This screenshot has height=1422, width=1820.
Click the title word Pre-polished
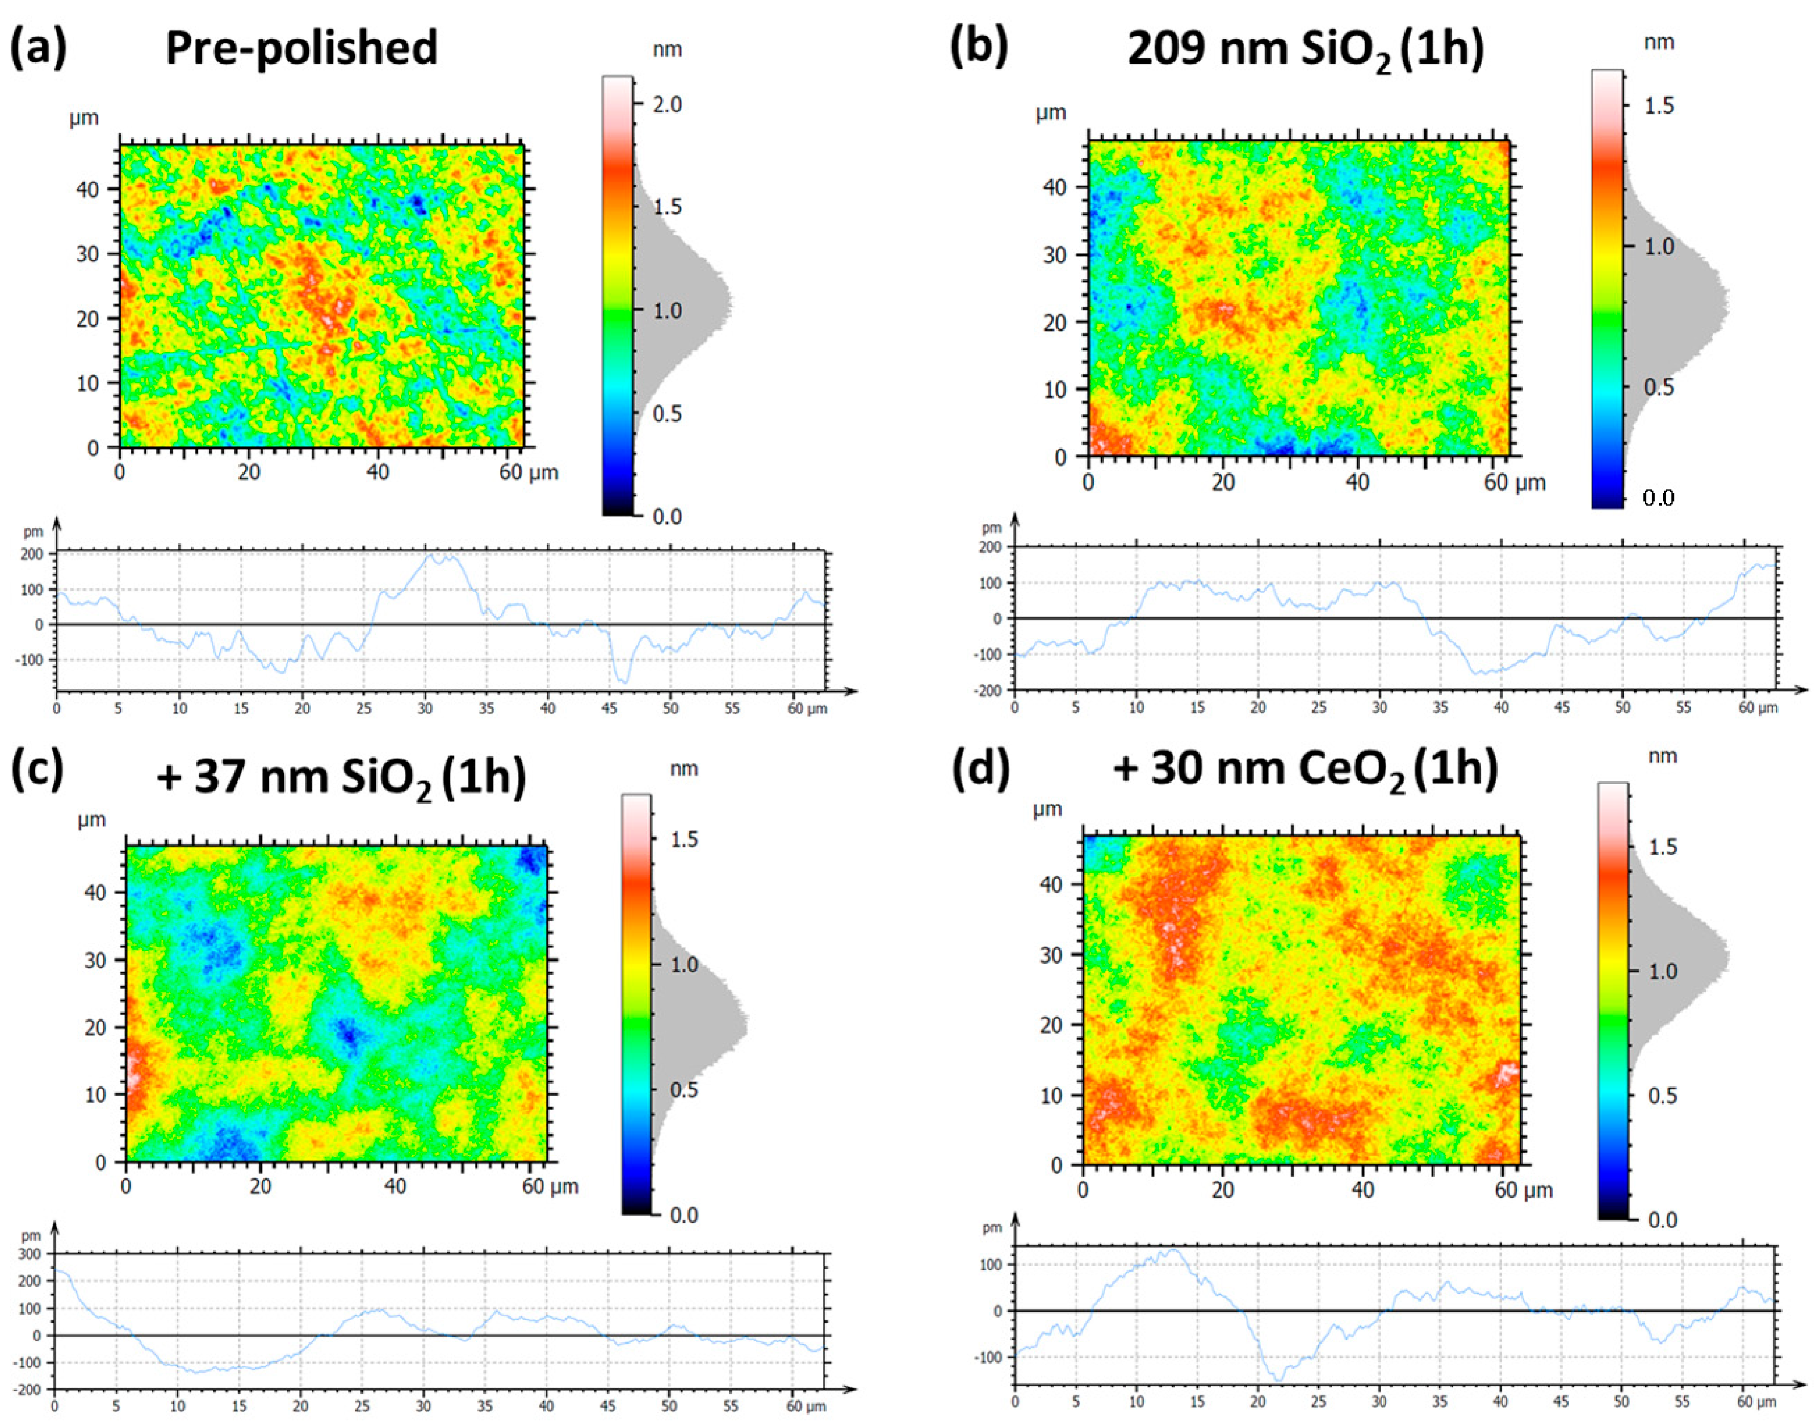[x=301, y=48]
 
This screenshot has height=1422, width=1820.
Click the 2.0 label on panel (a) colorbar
[x=666, y=104]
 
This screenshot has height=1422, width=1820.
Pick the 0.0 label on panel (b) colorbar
[x=1658, y=499]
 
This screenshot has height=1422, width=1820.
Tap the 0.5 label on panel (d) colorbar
[x=1663, y=1095]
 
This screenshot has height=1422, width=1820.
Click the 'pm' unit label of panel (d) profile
[x=991, y=1228]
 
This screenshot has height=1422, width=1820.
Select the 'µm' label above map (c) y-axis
[x=91, y=819]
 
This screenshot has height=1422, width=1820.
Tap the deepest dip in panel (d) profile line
[x=1279, y=1381]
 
